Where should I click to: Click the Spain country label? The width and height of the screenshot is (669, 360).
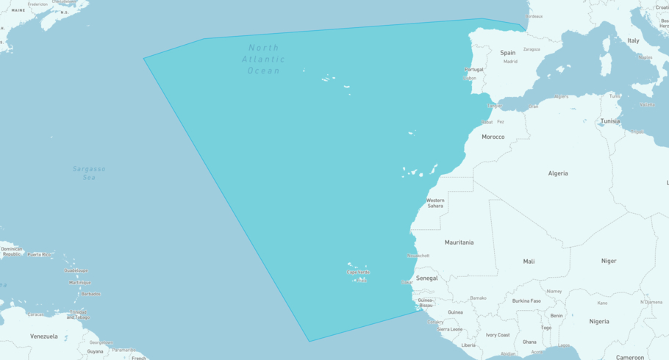tap(508, 53)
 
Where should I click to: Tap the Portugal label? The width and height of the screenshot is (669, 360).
tap(473, 70)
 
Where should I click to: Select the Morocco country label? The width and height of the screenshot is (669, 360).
tap(493, 137)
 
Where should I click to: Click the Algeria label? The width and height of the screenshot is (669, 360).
tap(558, 173)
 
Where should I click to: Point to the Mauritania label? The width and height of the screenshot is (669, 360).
tap(459, 242)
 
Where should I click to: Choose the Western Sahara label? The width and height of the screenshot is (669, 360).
tap(435, 203)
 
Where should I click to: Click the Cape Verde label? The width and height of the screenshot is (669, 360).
tap(358, 273)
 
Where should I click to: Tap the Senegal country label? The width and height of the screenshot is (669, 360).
tap(426, 278)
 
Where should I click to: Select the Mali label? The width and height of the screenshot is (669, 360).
tap(529, 262)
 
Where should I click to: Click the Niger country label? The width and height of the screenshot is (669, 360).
tap(609, 261)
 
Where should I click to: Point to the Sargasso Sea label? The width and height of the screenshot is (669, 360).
tap(89, 173)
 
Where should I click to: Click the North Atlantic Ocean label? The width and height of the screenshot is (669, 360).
tap(265, 60)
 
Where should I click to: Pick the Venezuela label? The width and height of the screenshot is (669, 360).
tap(44, 336)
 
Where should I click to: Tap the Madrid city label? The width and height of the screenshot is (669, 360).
tap(510, 62)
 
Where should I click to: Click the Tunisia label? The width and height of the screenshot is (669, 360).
tap(610, 121)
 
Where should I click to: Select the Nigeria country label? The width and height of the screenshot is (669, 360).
tap(599, 321)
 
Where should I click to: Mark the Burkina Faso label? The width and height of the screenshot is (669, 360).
tap(526, 301)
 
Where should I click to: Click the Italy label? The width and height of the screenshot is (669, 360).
tap(633, 40)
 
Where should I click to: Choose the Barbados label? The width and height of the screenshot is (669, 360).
tap(91, 294)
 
